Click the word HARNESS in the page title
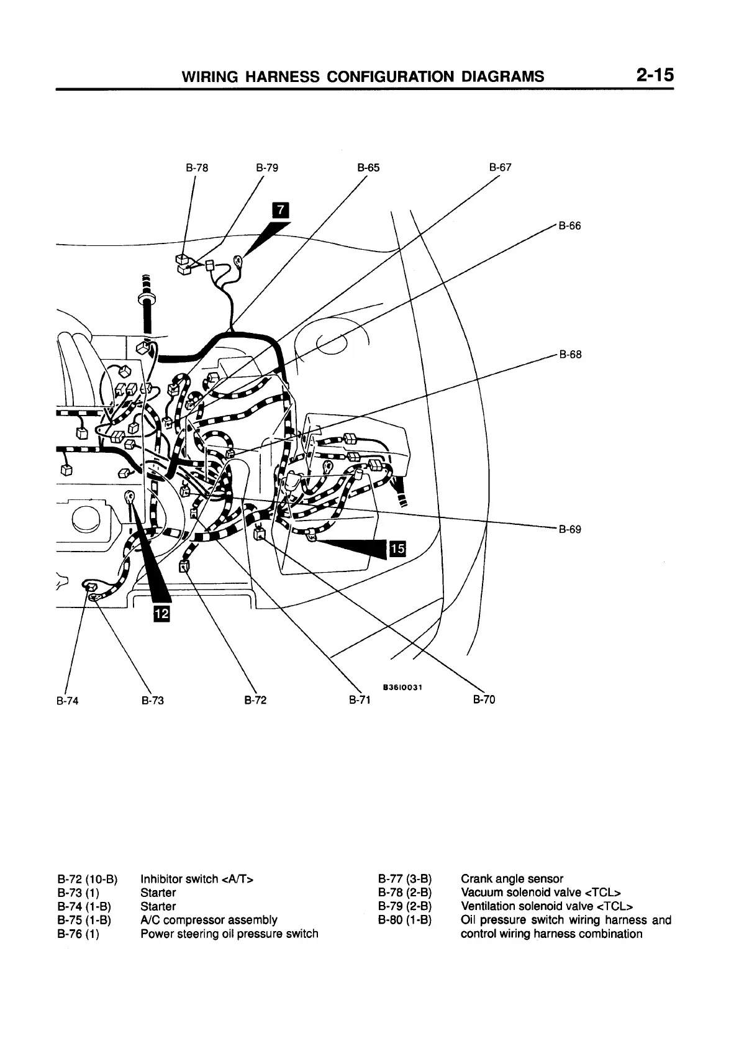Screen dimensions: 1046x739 click(x=283, y=76)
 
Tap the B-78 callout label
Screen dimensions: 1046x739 click(x=197, y=168)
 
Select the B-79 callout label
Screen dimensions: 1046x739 click(x=267, y=168)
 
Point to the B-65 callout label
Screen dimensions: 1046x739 click(x=368, y=168)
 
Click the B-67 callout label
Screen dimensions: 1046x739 click(x=500, y=167)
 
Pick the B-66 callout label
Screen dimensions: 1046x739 click(x=569, y=226)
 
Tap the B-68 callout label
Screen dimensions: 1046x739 click(x=570, y=355)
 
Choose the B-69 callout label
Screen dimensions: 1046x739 click(x=569, y=530)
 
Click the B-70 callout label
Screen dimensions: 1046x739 click(x=484, y=700)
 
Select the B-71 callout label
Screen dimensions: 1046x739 click(x=359, y=701)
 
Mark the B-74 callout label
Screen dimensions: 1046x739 click(x=68, y=701)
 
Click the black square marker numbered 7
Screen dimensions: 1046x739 click(x=281, y=211)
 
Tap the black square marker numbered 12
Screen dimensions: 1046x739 click(x=161, y=614)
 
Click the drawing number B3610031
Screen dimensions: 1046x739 click(x=402, y=687)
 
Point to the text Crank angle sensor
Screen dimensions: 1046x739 click(x=512, y=879)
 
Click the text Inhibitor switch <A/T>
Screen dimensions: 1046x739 click(x=197, y=879)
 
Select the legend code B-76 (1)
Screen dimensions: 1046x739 click(x=78, y=934)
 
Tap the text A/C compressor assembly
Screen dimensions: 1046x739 click(x=209, y=920)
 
